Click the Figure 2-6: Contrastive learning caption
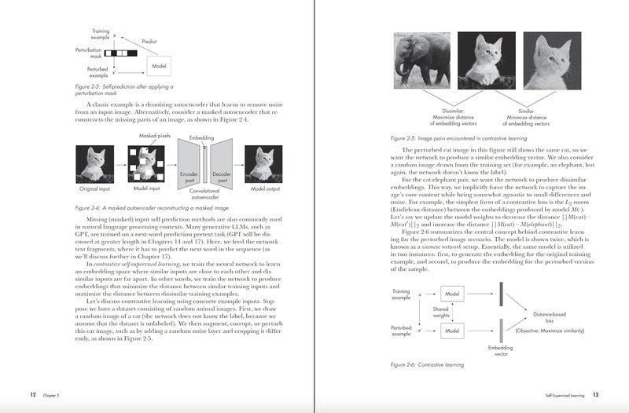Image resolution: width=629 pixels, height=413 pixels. click(427, 364)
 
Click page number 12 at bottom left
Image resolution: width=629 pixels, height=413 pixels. click(32, 395)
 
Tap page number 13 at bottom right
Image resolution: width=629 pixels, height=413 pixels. click(596, 395)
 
